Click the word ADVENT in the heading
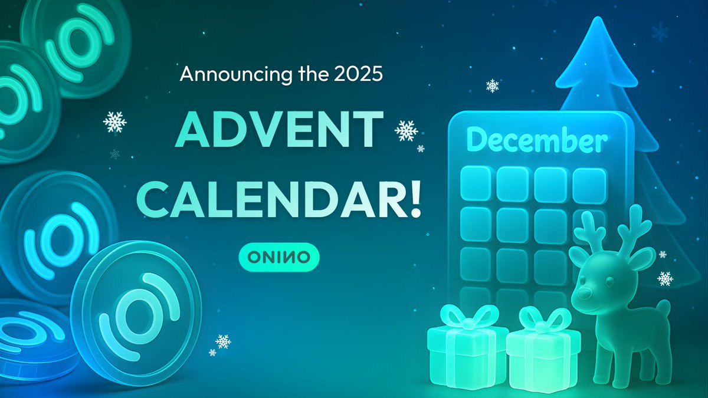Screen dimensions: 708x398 click(x=278, y=129)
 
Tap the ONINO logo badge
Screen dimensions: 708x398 click(x=279, y=257)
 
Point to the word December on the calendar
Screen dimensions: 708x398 click(x=537, y=140)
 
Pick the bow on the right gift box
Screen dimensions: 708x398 click(x=545, y=320)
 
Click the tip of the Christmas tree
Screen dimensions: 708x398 click(x=597, y=18)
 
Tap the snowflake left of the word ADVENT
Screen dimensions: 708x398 click(x=114, y=122)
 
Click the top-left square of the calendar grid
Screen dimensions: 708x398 click(x=476, y=183)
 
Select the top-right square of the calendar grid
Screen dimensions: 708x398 click(x=589, y=185)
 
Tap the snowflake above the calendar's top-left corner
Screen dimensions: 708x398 click(x=493, y=85)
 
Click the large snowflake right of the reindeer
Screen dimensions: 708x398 click(x=665, y=278)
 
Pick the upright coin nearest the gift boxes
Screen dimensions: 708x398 click(x=136, y=313)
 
